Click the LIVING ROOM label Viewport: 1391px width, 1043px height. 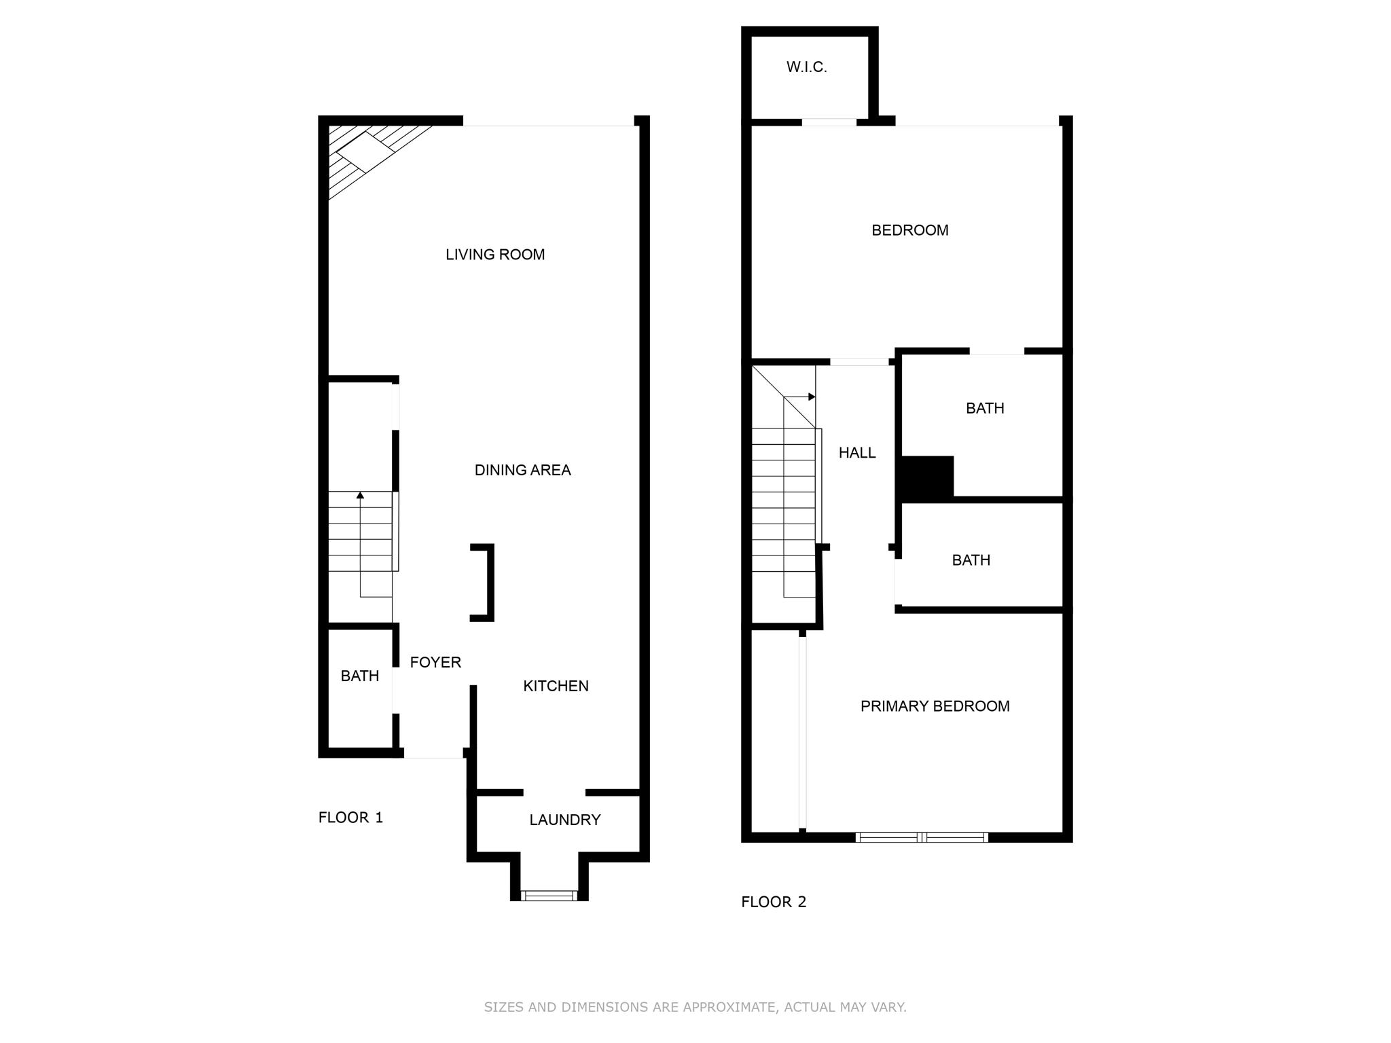(x=495, y=255)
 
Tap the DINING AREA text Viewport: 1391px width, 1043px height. (x=522, y=470)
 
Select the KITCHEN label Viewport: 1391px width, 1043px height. (x=556, y=686)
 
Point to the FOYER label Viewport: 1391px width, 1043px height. (x=435, y=662)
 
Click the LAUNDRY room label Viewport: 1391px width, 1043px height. (x=565, y=820)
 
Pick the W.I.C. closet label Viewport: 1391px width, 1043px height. (x=807, y=67)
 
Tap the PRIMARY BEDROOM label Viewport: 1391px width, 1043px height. (x=935, y=706)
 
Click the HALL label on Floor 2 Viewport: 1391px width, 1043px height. (x=857, y=453)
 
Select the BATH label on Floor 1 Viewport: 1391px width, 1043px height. (x=360, y=676)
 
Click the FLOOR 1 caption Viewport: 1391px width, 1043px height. (x=351, y=818)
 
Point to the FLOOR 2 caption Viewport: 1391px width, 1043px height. (x=774, y=902)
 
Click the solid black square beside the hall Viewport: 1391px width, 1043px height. (x=927, y=479)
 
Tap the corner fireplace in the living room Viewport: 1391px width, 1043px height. (x=367, y=153)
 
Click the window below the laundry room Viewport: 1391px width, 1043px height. (x=549, y=896)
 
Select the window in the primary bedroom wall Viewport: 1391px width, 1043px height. (x=922, y=837)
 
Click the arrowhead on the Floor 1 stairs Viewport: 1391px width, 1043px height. (x=360, y=495)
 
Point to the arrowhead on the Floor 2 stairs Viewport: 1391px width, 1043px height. (x=812, y=397)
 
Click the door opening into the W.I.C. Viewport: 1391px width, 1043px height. (x=829, y=122)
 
